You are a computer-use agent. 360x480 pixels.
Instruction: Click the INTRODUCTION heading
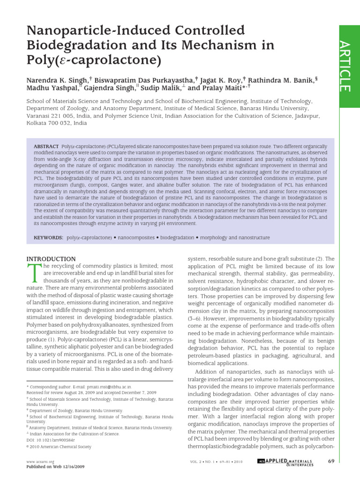pos(51,259)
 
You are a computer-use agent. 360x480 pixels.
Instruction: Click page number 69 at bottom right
pos(331,462)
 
